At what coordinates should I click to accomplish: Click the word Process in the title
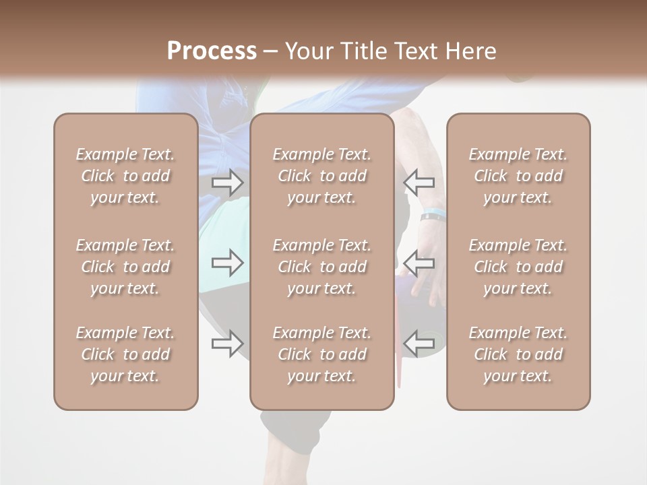212,51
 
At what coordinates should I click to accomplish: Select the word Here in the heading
471,51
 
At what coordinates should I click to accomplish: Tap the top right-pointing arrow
228,182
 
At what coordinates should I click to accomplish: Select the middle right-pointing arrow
228,263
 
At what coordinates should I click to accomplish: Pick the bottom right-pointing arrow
228,344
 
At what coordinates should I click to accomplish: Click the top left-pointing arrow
419,182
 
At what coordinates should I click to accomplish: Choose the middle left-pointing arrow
419,263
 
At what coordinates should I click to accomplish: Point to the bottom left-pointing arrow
419,344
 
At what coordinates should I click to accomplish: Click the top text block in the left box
125,176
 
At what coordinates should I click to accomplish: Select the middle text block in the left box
125,267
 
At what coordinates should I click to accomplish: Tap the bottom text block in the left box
125,354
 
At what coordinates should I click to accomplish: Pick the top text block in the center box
322,176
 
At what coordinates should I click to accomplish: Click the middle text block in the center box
322,267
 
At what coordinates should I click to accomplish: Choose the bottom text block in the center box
322,354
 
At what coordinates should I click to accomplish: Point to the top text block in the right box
518,176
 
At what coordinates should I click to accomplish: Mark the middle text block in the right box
518,267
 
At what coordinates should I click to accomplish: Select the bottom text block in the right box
518,354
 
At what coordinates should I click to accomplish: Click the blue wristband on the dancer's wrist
432,216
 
